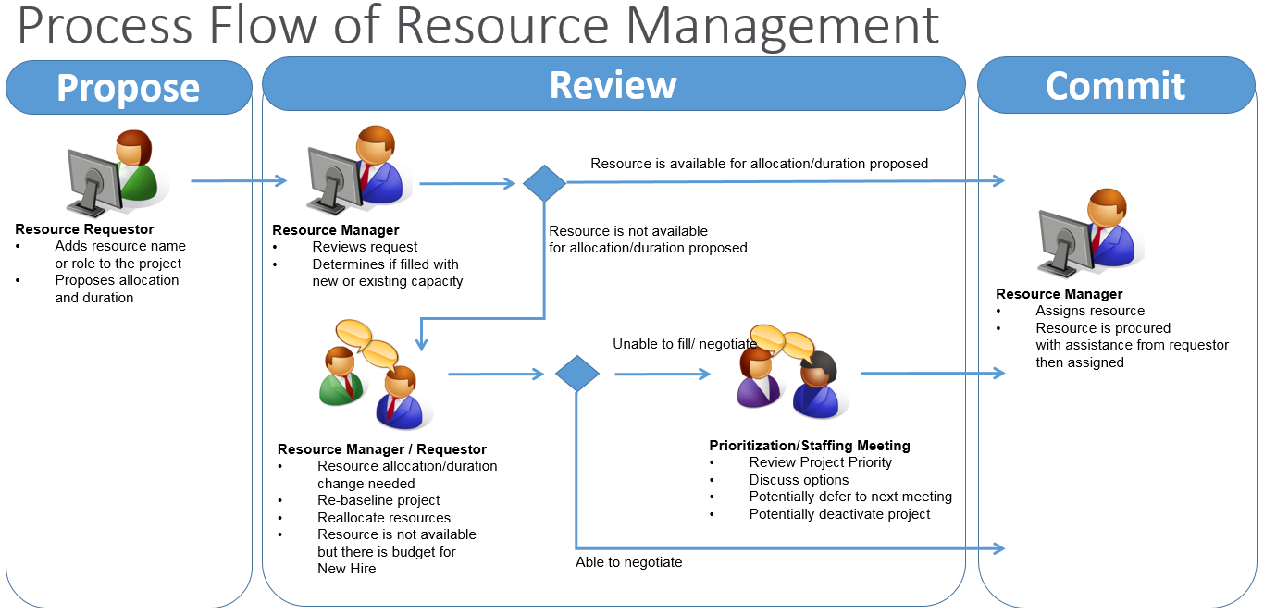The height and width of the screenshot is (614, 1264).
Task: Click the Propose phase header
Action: [x=129, y=88]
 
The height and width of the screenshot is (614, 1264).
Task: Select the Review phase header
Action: [x=613, y=84]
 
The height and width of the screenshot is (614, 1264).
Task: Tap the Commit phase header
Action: [x=1116, y=86]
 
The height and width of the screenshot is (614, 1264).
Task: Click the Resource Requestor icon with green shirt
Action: [x=118, y=173]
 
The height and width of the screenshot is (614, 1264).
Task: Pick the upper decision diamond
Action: [x=544, y=183]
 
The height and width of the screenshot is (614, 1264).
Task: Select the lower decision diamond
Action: [x=576, y=374]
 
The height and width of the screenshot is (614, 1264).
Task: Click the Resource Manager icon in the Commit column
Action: [x=1090, y=233]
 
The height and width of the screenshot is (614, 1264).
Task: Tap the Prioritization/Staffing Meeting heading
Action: [x=809, y=446]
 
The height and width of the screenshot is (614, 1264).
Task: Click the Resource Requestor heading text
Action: [x=84, y=229]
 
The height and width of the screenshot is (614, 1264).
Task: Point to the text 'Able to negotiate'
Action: [x=628, y=562]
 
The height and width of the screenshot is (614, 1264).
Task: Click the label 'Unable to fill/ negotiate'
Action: [x=685, y=344]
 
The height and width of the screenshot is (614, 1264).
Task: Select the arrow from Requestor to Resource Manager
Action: [x=239, y=180]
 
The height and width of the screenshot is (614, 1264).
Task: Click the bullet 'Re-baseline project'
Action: [x=378, y=500]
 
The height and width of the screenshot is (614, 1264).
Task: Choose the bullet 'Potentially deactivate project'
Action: [x=839, y=514]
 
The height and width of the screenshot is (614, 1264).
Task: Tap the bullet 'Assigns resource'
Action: [x=1090, y=311]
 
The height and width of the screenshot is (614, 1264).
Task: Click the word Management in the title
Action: [x=782, y=27]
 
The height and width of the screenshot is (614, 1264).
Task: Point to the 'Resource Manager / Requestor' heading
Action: [x=381, y=449]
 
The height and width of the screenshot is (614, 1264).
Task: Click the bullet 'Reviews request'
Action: [x=365, y=247]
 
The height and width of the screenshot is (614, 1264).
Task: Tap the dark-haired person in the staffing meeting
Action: [x=819, y=385]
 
